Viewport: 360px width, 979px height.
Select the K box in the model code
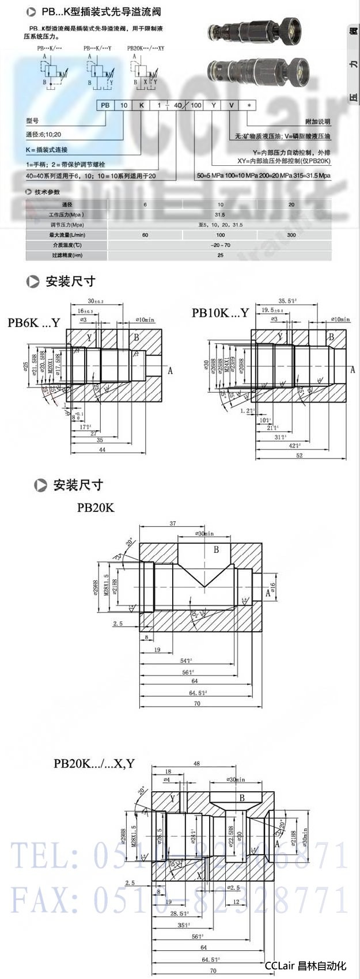coord(141,105)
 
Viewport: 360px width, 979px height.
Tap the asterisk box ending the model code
coord(248,105)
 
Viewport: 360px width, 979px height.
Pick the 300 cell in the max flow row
coord(291,235)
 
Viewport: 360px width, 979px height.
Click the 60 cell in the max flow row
coord(145,235)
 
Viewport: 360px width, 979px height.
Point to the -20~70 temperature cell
coord(220,245)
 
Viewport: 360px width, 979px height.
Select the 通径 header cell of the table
coord(67,204)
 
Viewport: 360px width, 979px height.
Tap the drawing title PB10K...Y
coord(220,313)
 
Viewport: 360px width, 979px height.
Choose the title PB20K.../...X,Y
coord(94,764)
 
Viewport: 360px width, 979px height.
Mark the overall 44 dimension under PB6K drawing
coord(102,450)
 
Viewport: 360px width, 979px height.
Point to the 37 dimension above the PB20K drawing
coord(172,523)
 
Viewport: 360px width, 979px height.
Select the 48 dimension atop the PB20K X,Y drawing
coord(196,764)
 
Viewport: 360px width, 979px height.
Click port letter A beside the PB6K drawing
coord(170,371)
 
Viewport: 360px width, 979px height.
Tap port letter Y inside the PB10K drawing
coord(280,337)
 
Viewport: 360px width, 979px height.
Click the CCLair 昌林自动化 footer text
coord(305,966)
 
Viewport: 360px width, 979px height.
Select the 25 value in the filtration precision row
coord(220,255)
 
